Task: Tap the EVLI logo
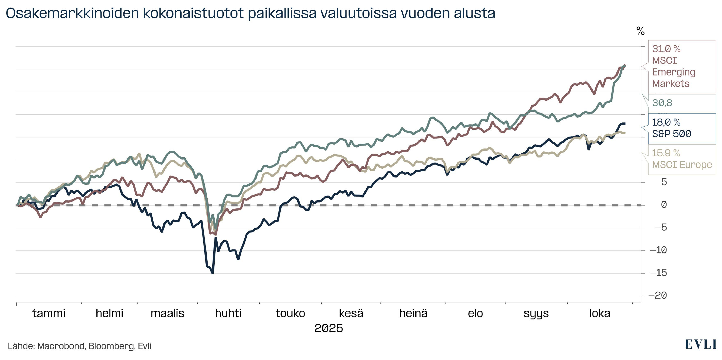[x=700, y=344]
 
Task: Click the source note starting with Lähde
[x=79, y=346]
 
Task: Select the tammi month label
[x=49, y=313]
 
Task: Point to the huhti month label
[x=228, y=313]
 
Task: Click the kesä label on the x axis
[x=351, y=313]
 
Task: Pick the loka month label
[x=599, y=313]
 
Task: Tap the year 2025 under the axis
[x=328, y=328]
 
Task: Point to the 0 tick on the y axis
[x=664, y=205]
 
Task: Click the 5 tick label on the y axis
[x=664, y=182]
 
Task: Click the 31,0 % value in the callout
[x=666, y=49]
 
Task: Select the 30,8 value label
[x=662, y=103]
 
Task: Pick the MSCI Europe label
[x=682, y=165]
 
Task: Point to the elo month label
[x=475, y=313]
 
